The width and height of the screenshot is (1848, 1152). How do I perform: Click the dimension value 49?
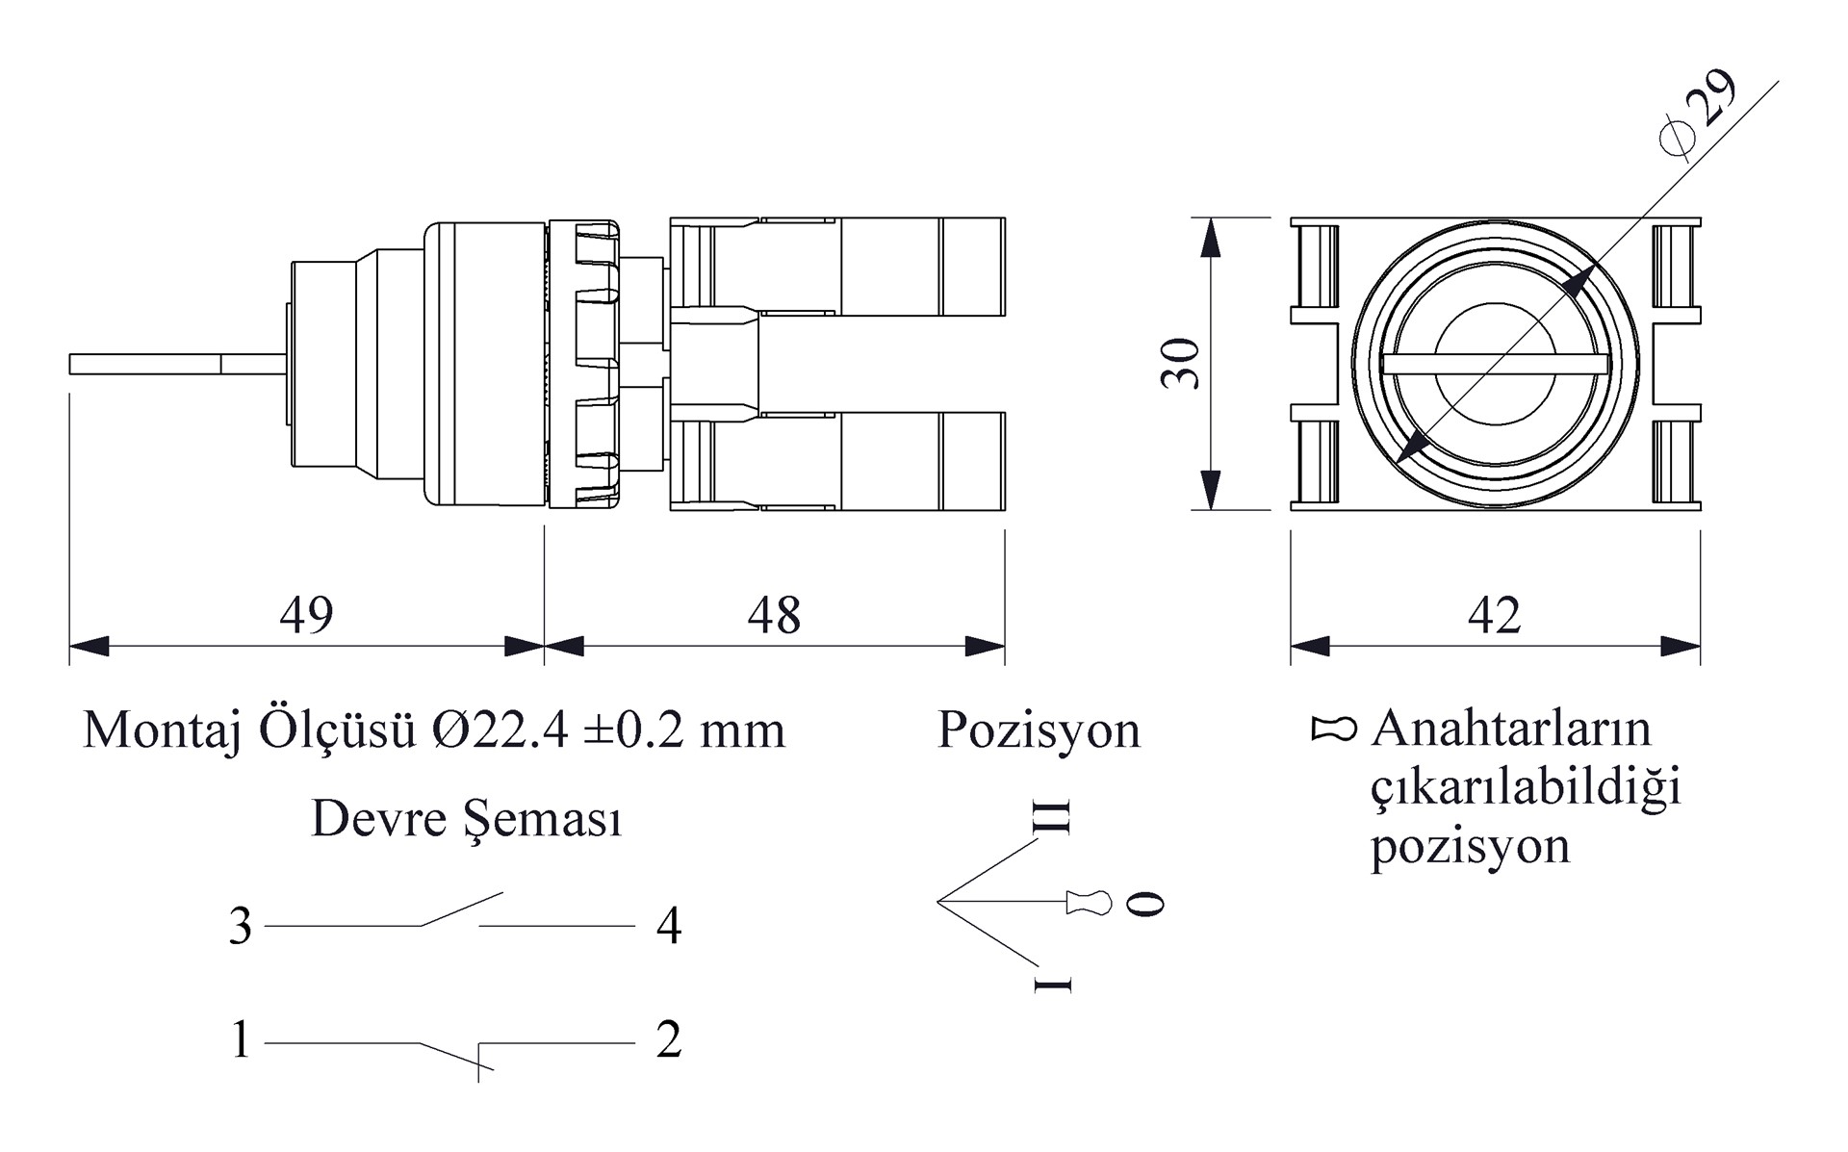click(x=306, y=615)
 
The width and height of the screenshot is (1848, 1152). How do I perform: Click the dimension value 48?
click(x=774, y=615)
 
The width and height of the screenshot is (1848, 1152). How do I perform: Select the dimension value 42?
click(x=1494, y=615)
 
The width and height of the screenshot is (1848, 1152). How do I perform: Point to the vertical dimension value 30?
click(x=1181, y=364)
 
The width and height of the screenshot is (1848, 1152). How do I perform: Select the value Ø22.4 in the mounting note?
click(x=503, y=730)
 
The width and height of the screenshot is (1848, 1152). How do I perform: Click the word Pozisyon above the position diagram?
click(x=1039, y=730)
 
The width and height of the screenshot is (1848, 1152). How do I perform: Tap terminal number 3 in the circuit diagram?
click(x=240, y=927)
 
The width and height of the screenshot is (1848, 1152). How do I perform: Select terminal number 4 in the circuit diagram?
click(x=669, y=927)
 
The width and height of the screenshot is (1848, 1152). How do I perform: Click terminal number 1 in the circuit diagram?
click(x=241, y=1040)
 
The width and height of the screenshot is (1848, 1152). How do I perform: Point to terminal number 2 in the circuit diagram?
click(x=669, y=1040)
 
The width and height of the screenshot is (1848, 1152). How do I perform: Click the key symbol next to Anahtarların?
click(x=1334, y=730)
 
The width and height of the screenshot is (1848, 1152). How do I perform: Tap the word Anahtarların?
click(x=1511, y=729)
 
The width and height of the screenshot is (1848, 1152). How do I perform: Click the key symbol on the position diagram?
click(x=1089, y=903)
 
